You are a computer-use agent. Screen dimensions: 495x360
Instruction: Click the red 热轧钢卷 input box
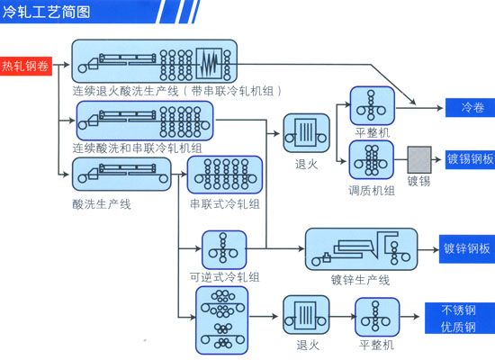[26, 66]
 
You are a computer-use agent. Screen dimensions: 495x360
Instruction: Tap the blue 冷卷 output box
[471, 108]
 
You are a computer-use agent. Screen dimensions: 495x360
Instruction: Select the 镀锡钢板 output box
[471, 159]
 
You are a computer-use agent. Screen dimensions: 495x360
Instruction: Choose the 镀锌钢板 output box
[467, 249]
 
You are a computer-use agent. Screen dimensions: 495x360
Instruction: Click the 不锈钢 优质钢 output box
[460, 318]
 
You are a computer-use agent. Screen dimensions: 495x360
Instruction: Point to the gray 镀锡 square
[419, 160]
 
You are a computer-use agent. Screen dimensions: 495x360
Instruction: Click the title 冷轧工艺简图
[47, 12]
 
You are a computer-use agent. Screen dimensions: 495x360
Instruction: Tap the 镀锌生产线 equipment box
[362, 249]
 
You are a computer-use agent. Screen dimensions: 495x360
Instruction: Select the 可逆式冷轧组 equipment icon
[224, 250]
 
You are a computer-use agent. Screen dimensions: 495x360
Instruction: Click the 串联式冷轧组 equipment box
[225, 175]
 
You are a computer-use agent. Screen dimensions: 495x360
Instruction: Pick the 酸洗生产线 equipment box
[121, 174]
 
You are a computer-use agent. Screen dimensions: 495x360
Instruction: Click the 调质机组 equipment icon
[372, 160]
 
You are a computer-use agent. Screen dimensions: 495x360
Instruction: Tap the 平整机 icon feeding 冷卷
[373, 106]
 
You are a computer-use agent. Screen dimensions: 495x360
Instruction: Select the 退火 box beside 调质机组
[306, 133]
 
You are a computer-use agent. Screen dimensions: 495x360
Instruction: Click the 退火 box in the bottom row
[306, 315]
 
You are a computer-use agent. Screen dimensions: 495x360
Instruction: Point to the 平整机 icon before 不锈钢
[377, 317]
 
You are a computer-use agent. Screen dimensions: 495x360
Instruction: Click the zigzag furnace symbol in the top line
[210, 64]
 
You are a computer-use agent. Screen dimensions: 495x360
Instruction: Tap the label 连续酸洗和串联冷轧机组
[138, 148]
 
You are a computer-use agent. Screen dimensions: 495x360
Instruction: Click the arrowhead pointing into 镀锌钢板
[436, 249]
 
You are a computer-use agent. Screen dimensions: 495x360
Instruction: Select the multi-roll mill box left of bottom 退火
[222, 319]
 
